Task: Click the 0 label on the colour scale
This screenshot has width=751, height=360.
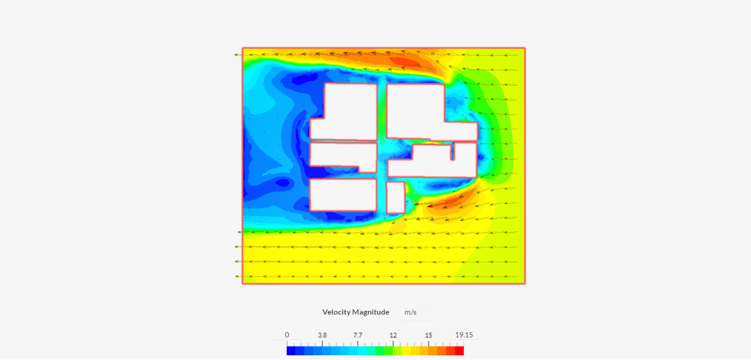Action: (287, 335)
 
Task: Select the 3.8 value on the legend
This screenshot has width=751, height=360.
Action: (322, 335)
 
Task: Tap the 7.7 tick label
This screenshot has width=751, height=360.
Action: (358, 335)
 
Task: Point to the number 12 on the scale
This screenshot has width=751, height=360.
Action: (393, 335)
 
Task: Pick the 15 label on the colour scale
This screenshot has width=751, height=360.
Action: (429, 335)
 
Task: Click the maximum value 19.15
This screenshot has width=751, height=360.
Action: (464, 335)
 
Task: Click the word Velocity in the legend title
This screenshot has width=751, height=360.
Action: (335, 312)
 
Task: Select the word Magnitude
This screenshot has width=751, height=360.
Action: (370, 312)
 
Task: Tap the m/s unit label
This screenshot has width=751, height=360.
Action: (410, 312)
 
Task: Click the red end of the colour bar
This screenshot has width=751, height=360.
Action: (459, 351)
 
